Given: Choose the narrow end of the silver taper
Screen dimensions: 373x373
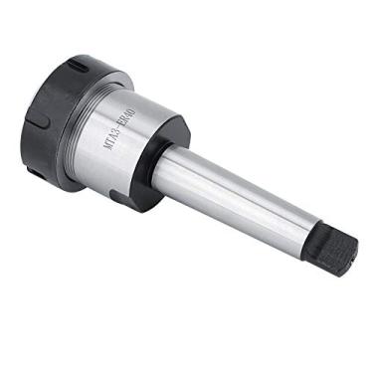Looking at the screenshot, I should [x=303, y=234].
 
